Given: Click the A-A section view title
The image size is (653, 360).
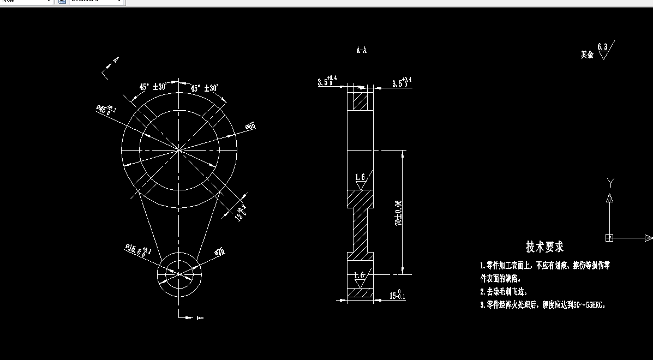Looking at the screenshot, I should coord(361,51).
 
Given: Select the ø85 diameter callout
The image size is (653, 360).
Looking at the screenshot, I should coord(250,127).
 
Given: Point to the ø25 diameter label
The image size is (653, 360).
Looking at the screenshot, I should coord(219,251).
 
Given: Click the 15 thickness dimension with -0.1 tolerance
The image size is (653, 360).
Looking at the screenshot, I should coord(397,296).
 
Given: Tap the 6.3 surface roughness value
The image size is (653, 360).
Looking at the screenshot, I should coord(602,47).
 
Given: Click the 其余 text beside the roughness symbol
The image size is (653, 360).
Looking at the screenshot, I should coord(587,55).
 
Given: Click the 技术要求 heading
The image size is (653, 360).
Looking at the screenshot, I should coord(544,247).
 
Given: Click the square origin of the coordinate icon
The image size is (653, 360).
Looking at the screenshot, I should coord(609,238).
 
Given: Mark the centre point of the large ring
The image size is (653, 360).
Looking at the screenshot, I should coord(179,149).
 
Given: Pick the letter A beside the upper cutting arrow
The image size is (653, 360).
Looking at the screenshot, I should coord(116,59).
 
